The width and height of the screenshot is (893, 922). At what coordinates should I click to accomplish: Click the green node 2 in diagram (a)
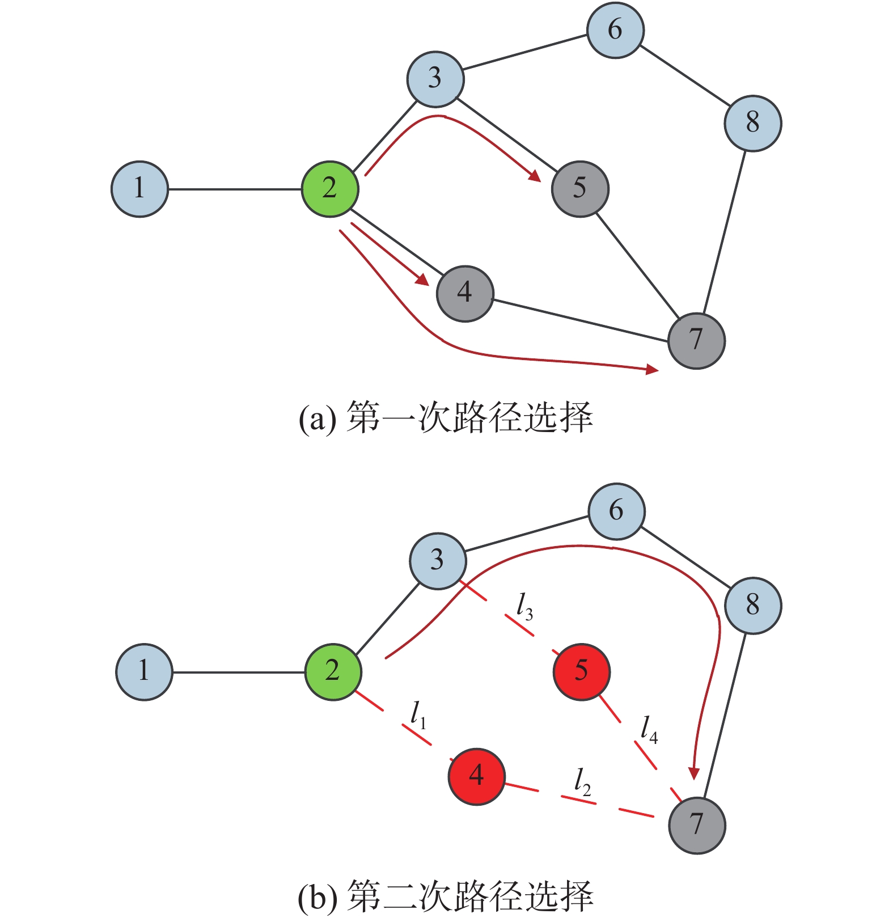click(x=330, y=188)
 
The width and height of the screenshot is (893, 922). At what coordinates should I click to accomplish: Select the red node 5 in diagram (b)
click(x=581, y=672)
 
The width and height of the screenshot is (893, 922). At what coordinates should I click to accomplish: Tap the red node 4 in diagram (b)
click(x=476, y=776)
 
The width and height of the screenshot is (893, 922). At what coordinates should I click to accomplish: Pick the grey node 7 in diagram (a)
click(x=696, y=341)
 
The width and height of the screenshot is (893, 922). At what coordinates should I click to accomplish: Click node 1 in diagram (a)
click(x=139, y=189)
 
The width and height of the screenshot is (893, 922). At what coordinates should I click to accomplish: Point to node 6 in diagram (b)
click(x=616, y=511)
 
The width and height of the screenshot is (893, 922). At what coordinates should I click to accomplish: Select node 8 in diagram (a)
click(x=752, y=123)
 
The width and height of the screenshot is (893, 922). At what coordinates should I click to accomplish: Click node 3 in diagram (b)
click(x=438, y=561)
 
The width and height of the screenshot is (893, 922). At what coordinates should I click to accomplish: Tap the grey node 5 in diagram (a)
click(x=579, y=188)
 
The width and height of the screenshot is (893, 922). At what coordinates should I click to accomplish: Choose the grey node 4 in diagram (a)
click(x=465, y=293)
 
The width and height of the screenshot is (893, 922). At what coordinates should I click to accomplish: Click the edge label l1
click(x=418, y=715)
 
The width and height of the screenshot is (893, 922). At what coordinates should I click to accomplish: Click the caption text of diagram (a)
click(x=446, y=418)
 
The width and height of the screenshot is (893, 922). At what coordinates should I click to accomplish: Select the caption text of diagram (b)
click(x=446, y=896)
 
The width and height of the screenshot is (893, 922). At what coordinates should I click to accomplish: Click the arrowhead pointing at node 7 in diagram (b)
click(x=693, y=774)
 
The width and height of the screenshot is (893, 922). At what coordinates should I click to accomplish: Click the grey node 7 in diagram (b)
click(x=697, y=825)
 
